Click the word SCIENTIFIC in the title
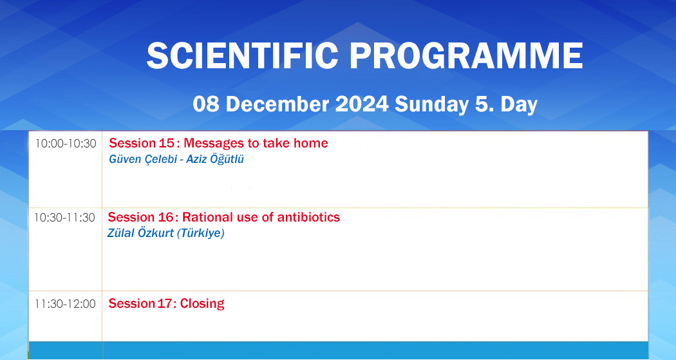tap(242, 55)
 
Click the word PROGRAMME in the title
tap(466, 55)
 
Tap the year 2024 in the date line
tap(362, 104)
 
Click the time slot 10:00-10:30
tap(66, 144)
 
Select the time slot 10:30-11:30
tap(64, 217)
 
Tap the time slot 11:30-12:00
tap(65, 303)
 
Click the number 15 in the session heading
tap(166, 143)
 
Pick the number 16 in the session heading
tap(165, 216)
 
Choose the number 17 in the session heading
tap(165, 303)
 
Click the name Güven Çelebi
tap(143, 159)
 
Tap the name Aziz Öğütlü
tap(214, 159)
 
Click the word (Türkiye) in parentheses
tap(202, 233)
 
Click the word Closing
tap(202, 304)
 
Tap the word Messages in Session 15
tap(211, 144)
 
